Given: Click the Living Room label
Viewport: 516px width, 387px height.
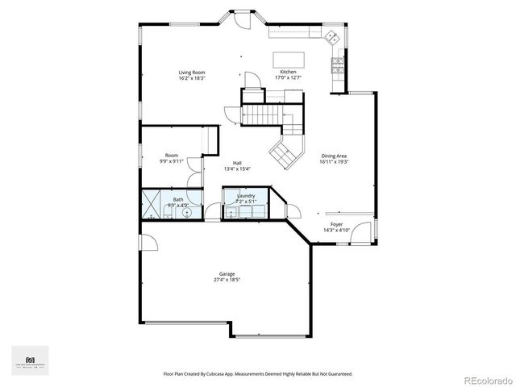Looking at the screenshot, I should click(192, 73).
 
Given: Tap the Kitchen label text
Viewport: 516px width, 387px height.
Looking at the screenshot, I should click(289, 73).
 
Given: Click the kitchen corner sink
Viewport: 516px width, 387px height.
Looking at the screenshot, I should click(331, 37).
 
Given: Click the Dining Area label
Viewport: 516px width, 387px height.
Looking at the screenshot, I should click(334, 156).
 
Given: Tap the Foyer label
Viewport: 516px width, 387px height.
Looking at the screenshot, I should click(335, 224).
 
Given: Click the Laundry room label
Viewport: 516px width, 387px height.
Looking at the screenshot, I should click(246, 195).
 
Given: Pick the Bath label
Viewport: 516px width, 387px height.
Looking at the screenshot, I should click(177, 199).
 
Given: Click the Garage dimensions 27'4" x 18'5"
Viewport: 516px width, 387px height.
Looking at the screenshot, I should click(227, 280).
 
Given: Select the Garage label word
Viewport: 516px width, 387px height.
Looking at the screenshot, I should click(227, 274).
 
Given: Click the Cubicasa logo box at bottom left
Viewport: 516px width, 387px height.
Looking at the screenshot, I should click(30, 359).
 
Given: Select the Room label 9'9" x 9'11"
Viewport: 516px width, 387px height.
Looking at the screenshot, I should click(171, 158).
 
